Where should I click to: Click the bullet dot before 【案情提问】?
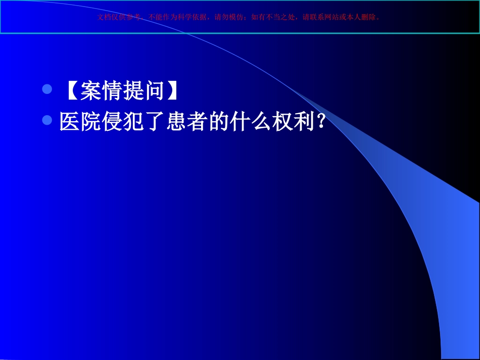click(47, 90)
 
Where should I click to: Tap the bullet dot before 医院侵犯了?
click(47, 120)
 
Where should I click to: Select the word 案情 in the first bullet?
click(101, 91)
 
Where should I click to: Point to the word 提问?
click(144, 91)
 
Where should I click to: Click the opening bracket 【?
click(70, 91)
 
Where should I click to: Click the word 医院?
click(80, 121)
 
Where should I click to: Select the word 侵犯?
click(123, 121)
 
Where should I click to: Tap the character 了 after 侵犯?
click(154, 121)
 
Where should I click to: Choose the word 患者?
click(186, 121)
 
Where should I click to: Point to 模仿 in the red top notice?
click(235, 17)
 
